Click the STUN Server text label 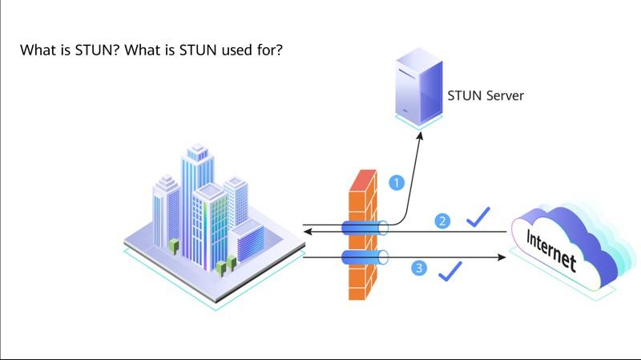(485, 95)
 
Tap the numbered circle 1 (395, 183)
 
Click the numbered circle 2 (441, 220)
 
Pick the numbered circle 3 (419, 268)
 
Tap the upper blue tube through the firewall (365, 229)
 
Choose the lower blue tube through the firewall (365, 257)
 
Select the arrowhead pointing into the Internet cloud (502, 257)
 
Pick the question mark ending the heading (278, 51)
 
